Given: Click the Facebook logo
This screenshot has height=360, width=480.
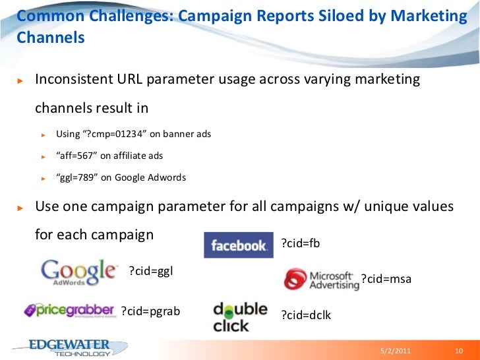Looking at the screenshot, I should click(x=238, y=245).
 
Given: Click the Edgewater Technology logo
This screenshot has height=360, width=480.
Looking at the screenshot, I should click(x=63, y=348).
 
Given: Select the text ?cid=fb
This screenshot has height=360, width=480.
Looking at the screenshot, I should click(x=300, y=243).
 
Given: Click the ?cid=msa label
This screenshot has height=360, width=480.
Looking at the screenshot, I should click(x=386, y=279).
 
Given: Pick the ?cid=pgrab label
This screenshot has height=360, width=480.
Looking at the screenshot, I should click(x=151, y=311).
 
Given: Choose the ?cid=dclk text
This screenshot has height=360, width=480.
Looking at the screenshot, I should click(x=306, y=315).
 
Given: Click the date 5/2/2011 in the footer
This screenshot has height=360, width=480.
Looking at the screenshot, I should click(x=396, y=350).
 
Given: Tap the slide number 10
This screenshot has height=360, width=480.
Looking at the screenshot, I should click(x=460, y=350).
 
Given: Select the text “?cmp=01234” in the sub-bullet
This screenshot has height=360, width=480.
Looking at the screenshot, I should click(x=110, y=135).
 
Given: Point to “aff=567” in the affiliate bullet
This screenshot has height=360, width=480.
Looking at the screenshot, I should click(x=76, y=156).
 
